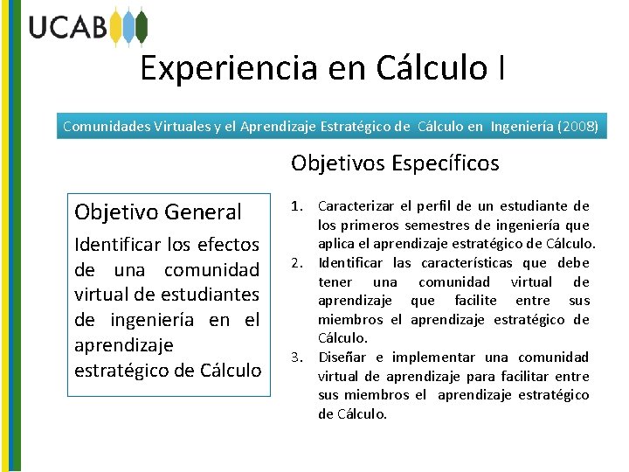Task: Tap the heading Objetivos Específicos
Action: [395, 163]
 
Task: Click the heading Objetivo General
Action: [157, 212]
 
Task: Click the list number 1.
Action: [297, 206]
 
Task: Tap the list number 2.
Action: [297, 263]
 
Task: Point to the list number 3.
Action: [297, 357]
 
